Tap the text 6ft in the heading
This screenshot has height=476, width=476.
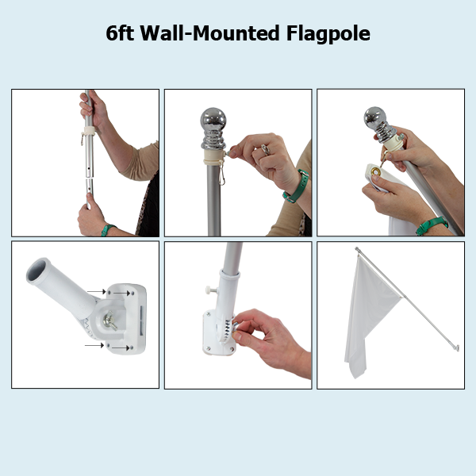121,34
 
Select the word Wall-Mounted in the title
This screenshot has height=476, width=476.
206,34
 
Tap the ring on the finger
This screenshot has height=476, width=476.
267,148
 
